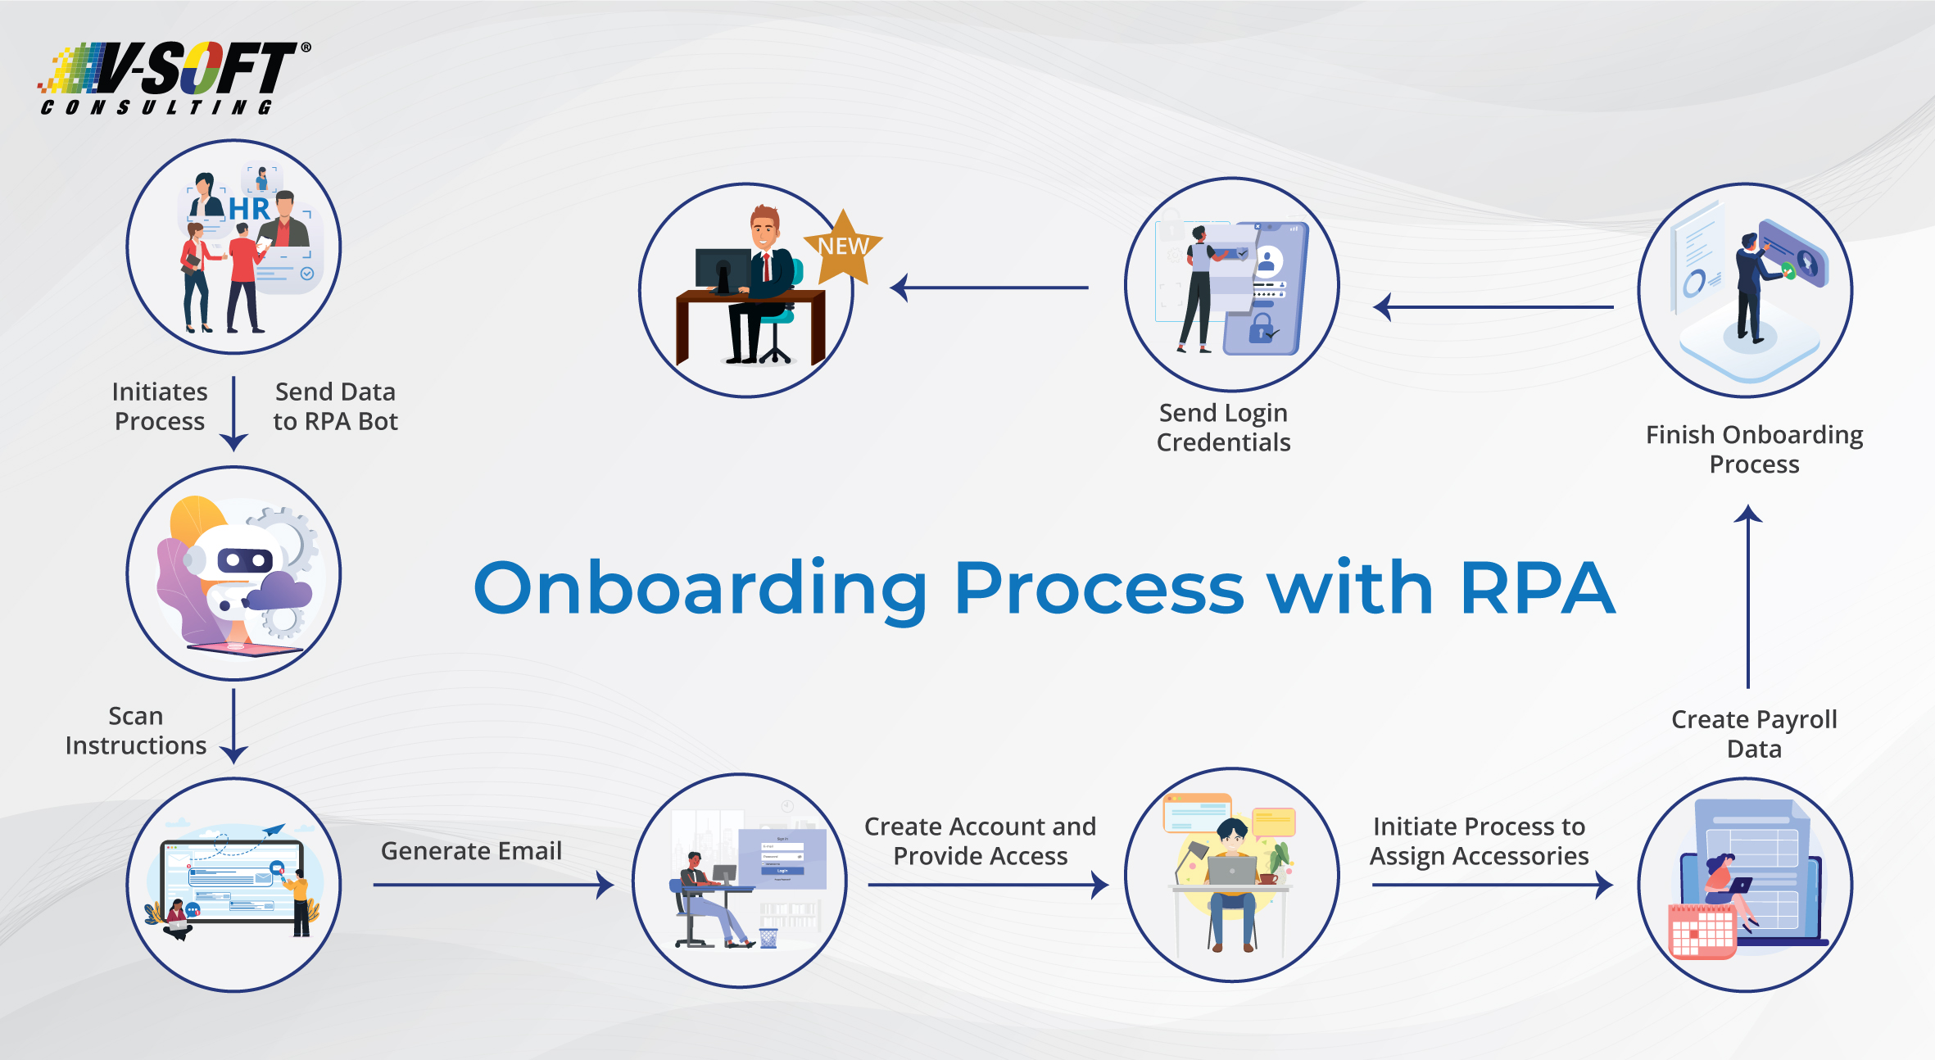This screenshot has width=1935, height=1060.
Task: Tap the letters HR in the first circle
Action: [249, 209]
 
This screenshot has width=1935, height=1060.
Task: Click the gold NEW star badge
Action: [843, 246]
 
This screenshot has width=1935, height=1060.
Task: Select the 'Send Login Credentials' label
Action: [1223, 428]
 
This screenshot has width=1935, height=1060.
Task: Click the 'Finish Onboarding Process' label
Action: [1754, 449]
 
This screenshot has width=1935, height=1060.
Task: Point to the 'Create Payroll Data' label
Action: [1754, 734]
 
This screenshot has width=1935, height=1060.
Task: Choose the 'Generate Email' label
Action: [471, 851]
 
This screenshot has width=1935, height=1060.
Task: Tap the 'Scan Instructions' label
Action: [136, 731]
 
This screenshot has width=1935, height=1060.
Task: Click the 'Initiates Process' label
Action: [160, 406]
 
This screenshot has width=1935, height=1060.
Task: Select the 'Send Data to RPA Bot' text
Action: [335, 406]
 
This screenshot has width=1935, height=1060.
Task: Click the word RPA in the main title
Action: [1537, 588]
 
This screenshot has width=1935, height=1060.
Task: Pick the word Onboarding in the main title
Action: [700, 588]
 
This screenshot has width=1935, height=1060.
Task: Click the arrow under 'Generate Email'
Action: [492, 885]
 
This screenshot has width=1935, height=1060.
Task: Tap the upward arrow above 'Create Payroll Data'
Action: [1748, 598]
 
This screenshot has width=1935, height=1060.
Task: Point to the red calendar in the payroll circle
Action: [1702, 932]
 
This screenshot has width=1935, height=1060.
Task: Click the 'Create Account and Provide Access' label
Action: [980, 841]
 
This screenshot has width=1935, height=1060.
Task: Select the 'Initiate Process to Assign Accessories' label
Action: [1479, 841]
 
